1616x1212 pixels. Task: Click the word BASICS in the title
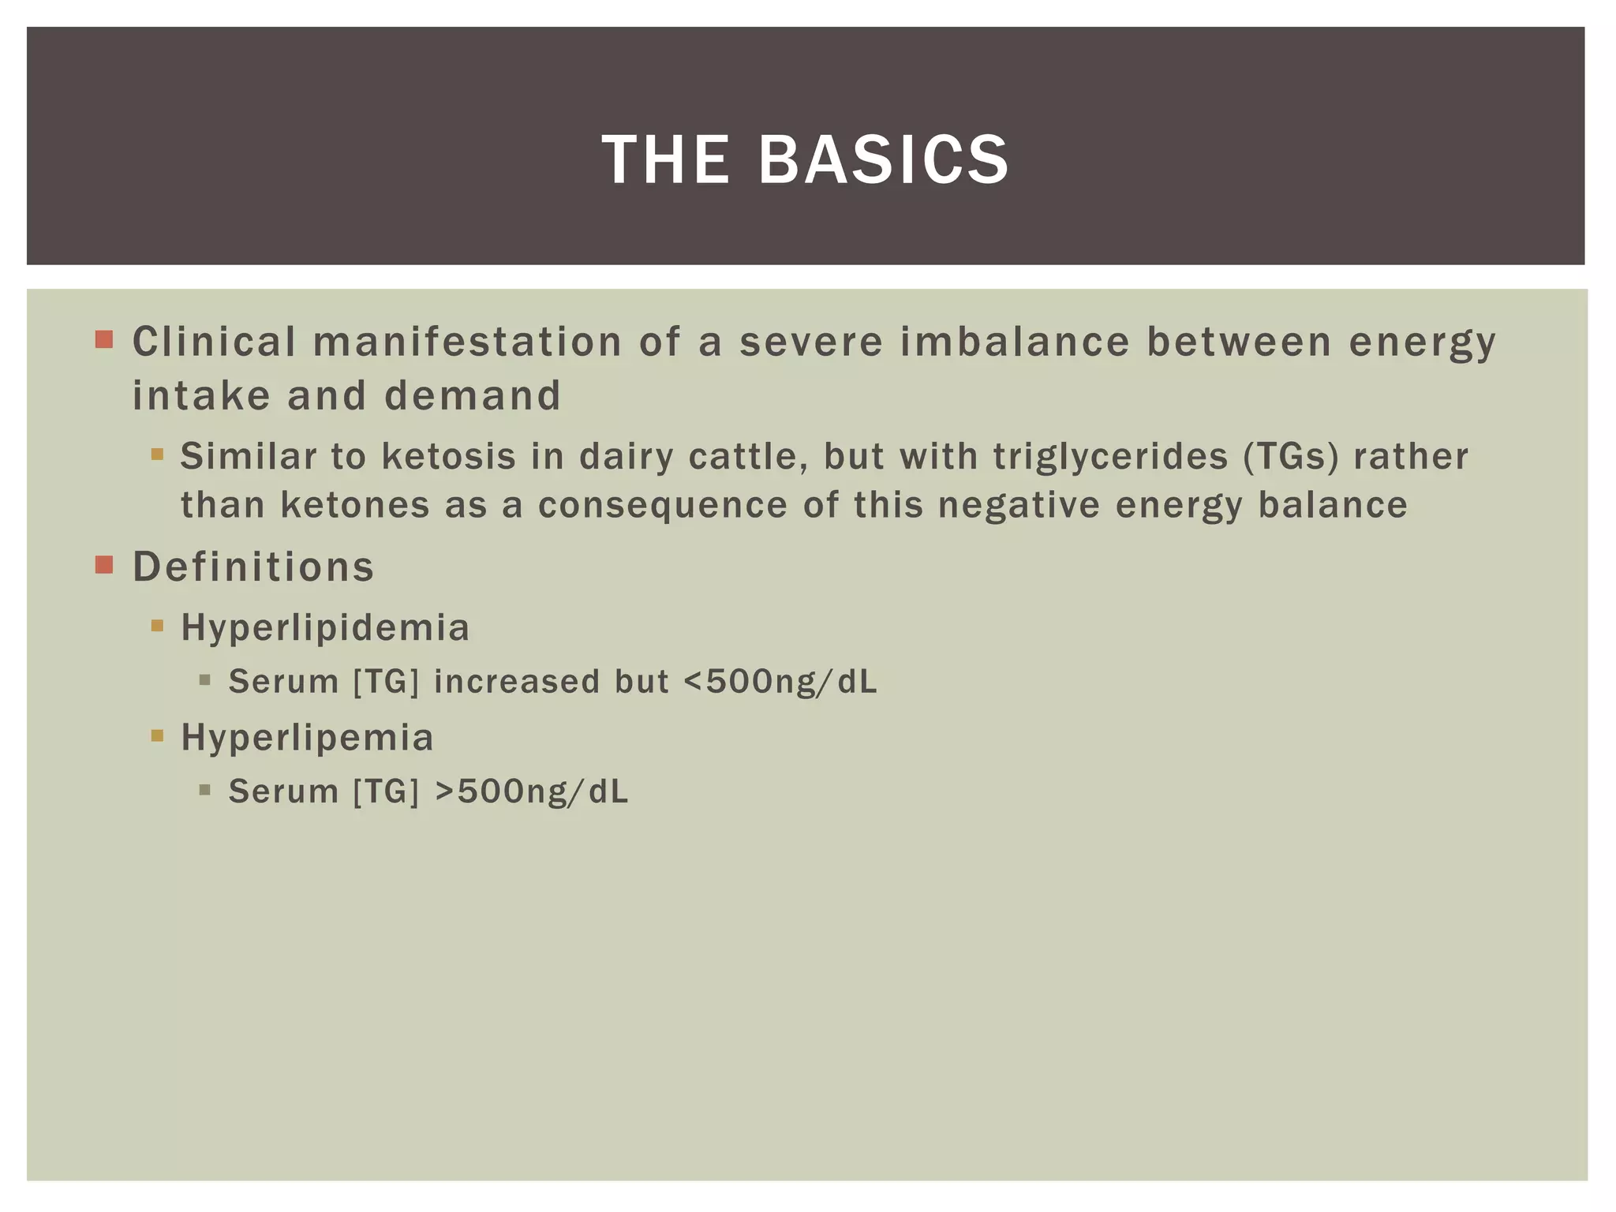(883, 160)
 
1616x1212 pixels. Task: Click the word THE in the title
(666, 160)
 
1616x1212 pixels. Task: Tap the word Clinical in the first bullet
(214, 342)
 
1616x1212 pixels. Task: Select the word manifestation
(468, 342)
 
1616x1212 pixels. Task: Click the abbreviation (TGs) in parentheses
(1291, 456)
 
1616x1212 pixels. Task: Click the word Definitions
(253, 567)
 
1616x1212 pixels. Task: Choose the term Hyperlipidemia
(325, 628)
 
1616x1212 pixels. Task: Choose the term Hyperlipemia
(307, 738)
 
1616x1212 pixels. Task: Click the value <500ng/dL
(780, 682)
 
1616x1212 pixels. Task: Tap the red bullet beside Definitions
(104, 565)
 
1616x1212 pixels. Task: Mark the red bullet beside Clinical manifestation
(104, 340)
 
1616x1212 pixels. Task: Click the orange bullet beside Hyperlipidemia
(157, 627)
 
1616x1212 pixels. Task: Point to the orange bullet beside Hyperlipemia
(157, 736)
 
